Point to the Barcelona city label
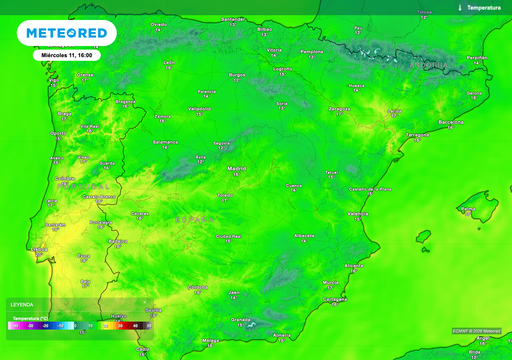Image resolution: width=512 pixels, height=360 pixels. tap(451, 122)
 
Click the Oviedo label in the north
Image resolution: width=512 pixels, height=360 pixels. tap(158, 22)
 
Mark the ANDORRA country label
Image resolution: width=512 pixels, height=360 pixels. tap(430, 64)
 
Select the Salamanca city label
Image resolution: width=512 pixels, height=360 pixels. tap(165, 142)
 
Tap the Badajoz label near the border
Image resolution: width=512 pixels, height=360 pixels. tap(117, 241)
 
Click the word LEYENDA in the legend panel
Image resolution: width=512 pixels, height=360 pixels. tap(22, 304)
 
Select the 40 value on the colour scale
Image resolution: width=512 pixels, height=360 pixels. tap(135, 325)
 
